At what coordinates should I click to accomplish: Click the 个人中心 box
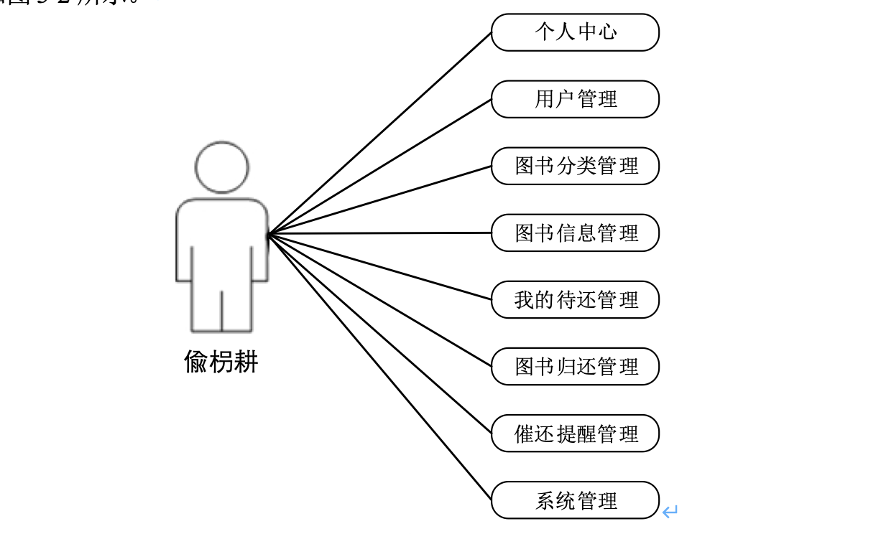575,32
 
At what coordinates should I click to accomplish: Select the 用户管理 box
575,99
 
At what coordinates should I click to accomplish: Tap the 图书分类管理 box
575,166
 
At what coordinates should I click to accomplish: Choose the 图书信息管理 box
575,233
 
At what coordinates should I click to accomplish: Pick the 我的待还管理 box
575,299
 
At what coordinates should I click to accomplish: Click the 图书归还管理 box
575,366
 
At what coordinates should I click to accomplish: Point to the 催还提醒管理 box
575,433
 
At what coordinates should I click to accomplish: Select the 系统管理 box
575,500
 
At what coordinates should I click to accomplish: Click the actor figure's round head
222,167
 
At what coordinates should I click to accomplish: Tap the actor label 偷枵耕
221,362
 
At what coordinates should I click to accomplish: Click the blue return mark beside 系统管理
670,512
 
